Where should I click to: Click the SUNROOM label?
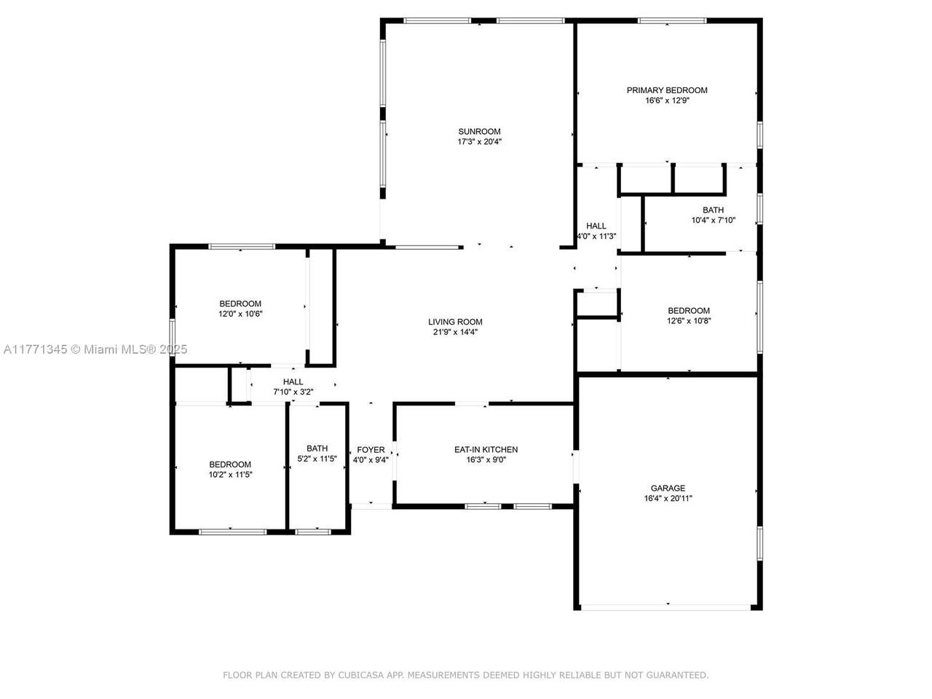point(479,132)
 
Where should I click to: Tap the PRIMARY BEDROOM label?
point(667,90)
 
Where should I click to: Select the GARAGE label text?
point(668,488)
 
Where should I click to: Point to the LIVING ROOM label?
point(455,322)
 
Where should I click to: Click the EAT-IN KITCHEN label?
point(486,449)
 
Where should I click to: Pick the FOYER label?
point(371,450)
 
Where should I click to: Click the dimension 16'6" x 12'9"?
point(667,100)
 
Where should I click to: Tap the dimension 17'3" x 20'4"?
point(479,142)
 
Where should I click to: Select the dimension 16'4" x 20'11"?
point(668,498)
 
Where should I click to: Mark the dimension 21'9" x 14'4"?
point(455,332)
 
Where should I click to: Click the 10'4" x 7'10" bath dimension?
point(714,221)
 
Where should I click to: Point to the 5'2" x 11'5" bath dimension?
point(317,459)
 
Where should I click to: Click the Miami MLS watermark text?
point(95,349)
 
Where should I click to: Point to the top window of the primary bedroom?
point(672,21)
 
